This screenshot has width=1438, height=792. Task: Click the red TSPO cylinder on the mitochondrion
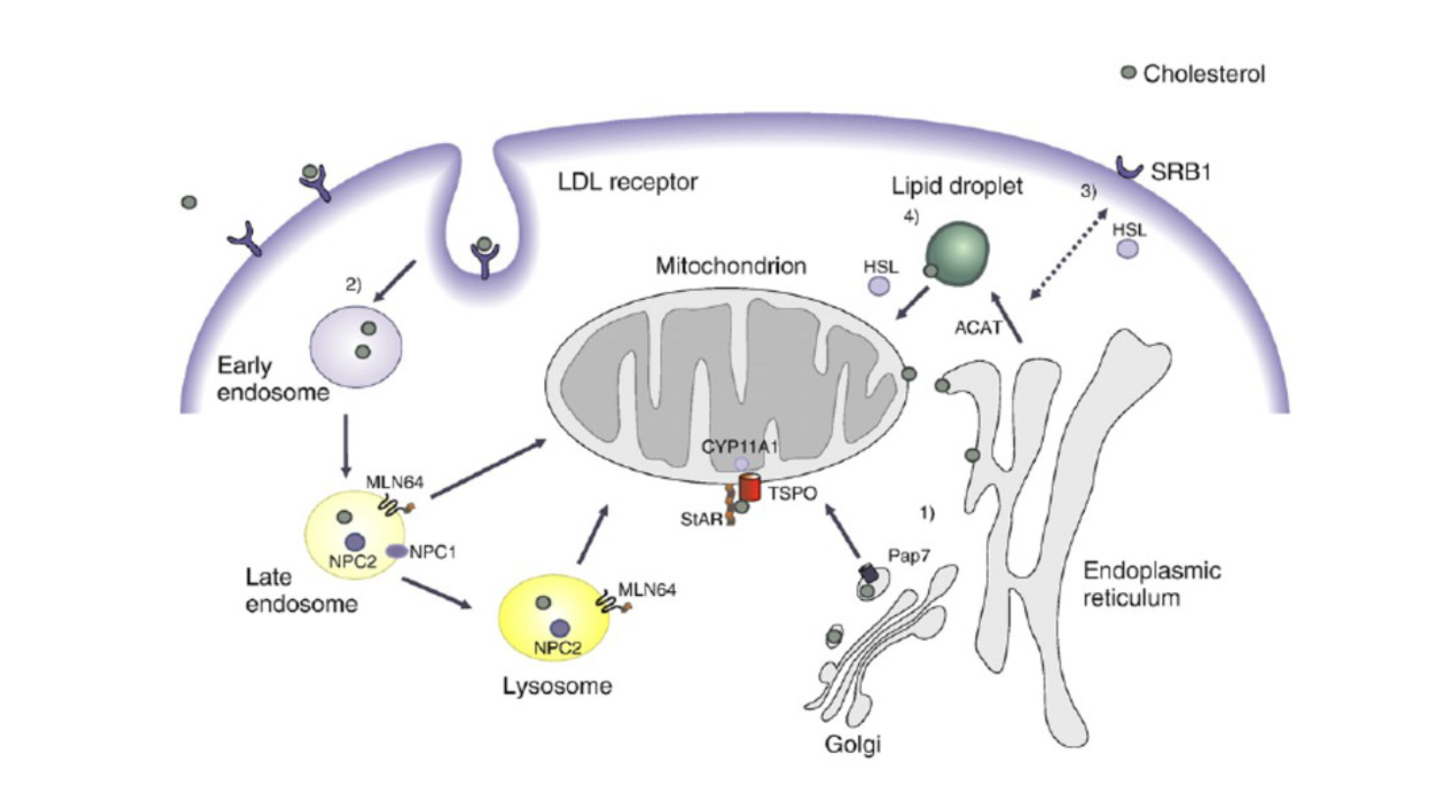750,486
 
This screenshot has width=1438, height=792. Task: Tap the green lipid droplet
955,253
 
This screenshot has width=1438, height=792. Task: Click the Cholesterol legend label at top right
1204,74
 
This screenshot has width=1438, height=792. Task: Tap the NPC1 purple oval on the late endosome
396,552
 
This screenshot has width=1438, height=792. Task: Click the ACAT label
978,328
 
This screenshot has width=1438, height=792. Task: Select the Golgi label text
852,746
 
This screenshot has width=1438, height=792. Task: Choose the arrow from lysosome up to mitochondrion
591,534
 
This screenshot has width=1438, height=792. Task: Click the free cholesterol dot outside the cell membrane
189,202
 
